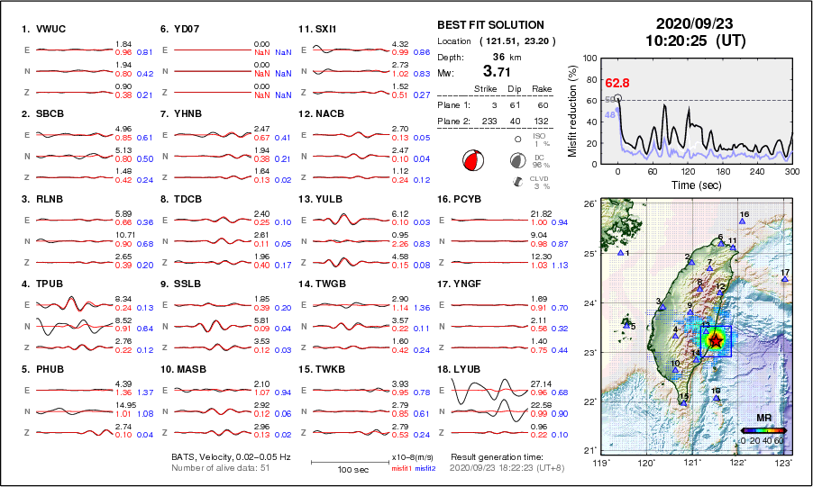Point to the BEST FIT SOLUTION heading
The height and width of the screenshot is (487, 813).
click(x=489, y=25)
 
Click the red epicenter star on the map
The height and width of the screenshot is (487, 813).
click(x=716, y=340)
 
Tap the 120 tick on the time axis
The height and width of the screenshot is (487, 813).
click(x=688, y=171)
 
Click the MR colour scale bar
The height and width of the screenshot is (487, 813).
click(x=763, y=430)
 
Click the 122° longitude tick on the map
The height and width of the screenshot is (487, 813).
click(x=738, y=463)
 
